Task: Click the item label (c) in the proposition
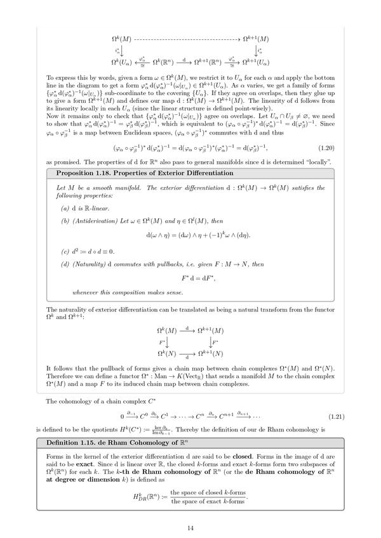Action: click(65, 251)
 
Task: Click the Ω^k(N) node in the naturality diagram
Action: click(166, 353)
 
